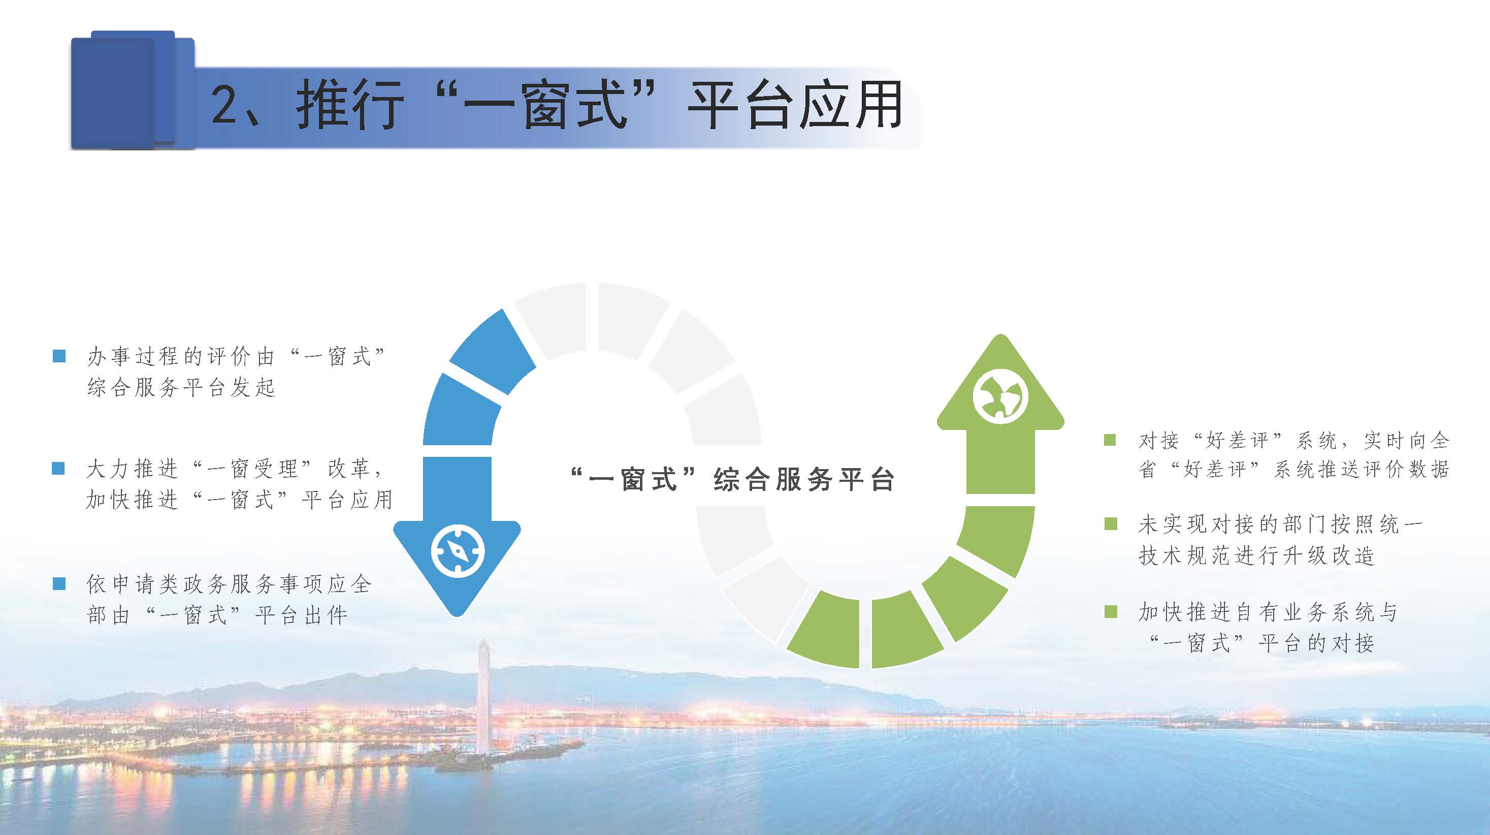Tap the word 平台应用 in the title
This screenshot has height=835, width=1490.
pos(795,105)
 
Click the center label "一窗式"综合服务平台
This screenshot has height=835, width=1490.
pos(732,479)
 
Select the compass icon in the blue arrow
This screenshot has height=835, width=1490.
pos(458,550)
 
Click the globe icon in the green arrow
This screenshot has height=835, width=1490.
pos(1000,397)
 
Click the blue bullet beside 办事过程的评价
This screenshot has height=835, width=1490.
pos(59,356)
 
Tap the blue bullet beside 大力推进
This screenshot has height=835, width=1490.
pos(58,468)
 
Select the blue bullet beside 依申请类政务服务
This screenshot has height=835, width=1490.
pos(59,583)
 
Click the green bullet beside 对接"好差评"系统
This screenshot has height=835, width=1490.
pos(1110,440)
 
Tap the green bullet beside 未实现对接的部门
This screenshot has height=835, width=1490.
pos(1110,524)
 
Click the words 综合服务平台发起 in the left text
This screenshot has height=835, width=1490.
pos(181,387)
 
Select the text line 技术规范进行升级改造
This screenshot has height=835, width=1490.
pos(1256,555)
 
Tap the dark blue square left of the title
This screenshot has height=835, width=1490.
pos(113,93)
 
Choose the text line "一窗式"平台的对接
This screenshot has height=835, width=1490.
pos(1261,643)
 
